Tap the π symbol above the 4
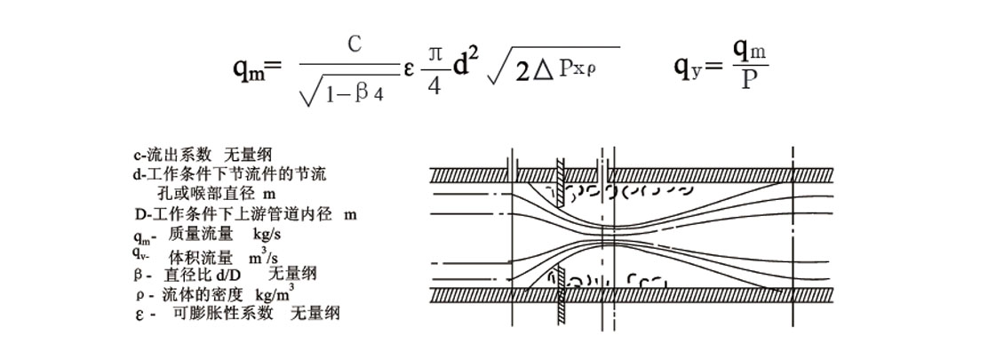434,56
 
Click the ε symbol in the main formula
410,68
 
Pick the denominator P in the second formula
750,82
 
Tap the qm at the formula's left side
249,67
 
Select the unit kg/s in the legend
267,234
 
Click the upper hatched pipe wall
632,175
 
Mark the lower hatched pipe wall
632,294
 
